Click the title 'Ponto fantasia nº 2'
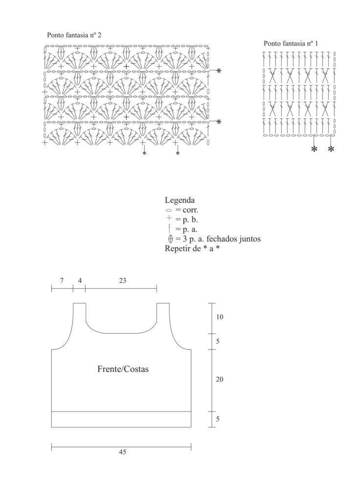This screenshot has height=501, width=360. (74, 35)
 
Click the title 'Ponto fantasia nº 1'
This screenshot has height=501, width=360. (291, 43)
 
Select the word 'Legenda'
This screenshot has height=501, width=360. (180, 200)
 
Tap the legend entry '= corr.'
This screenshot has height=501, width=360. (186, 210)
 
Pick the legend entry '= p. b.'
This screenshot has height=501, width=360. (186, 220)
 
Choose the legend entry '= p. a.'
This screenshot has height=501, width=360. (186, 229)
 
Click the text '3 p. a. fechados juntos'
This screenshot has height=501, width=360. (221, 239)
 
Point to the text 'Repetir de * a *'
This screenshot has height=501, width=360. (192, 248)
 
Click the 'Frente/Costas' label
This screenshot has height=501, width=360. (123, 369)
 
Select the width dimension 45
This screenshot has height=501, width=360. (123, 452)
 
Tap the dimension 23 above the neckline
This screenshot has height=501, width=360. (123, 280)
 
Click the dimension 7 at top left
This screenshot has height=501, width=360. (62, 280)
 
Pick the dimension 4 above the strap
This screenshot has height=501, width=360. (80, 280)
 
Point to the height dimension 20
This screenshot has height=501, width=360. (220, 379)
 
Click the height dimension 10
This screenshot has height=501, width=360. (220, 317)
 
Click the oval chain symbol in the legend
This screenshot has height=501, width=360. (169, 210)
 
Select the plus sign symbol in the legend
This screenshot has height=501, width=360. (169, 219)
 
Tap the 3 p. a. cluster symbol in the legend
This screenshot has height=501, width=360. (170, 238)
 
